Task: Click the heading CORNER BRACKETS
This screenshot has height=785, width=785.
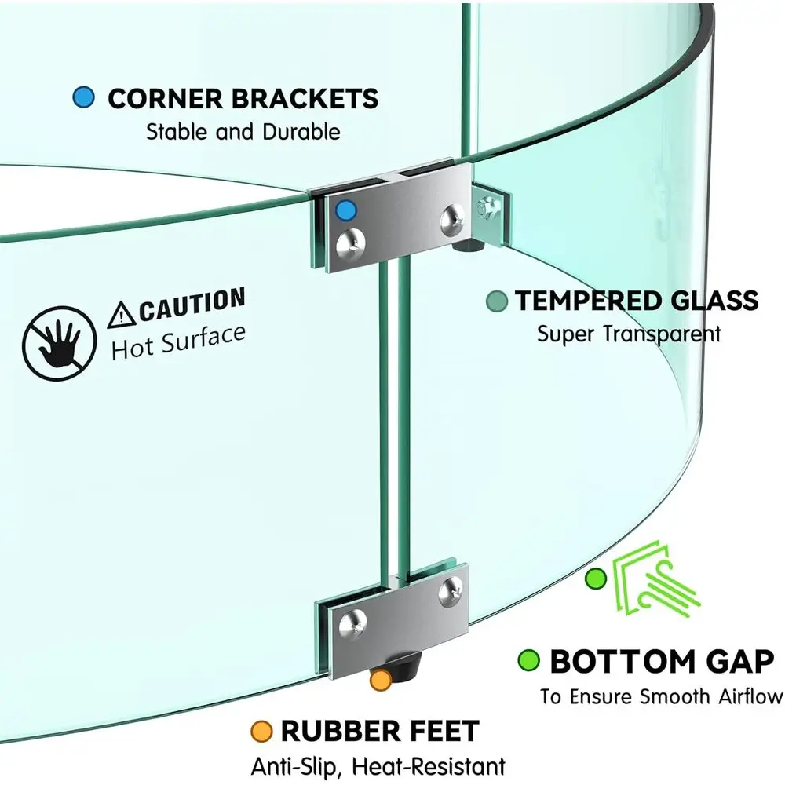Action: pyautogui.click(x=243, y=99)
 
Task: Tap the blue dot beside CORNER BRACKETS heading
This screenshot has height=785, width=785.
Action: pyautogui.click(x=83, y=98)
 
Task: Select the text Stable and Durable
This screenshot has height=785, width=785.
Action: pyautogui.click(x=243, y=131)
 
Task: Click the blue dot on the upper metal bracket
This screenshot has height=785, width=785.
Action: pyautogui.click(x=344, y=210)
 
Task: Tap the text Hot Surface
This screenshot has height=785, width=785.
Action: pyautogui.click(x=178, y=342)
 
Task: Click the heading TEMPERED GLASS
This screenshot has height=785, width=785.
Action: pyautogui.click(x=637, y=301)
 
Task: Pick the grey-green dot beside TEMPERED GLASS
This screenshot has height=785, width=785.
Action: pyautogui.click(x=496, y=301)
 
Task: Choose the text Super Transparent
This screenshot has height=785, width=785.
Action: pyautogui.click(x=629, y=334)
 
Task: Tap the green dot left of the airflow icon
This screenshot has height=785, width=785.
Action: pyautogui.click(x=597, y=579)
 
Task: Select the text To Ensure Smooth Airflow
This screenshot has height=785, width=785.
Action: pyautogui.click(x=661, y=696)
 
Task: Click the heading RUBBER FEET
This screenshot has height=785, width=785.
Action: pyautogui.click(x=379, y=731)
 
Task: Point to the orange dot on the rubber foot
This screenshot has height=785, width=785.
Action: pyautogui.click(x=381, y=680)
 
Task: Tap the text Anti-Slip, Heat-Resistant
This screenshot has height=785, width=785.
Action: pyautogui.click(x=378, y=765)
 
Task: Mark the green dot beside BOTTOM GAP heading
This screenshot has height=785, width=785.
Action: pyautogui.click(x=529, y=661)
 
